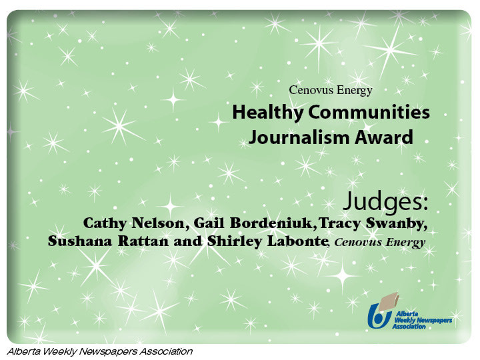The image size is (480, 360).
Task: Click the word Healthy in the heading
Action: pos(267,113)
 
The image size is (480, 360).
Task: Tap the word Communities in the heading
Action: pos(369,112)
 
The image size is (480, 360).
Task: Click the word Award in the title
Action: pos(384,137)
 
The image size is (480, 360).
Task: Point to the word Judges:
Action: pos(385,201)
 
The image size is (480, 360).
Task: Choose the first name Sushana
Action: pos(80,241)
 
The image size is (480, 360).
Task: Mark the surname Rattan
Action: pos(143,241)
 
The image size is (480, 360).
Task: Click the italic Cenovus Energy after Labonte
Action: pos(379,243)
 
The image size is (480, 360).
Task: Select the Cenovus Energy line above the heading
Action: pos(331,90)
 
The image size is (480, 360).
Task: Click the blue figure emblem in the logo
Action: pos(379,316)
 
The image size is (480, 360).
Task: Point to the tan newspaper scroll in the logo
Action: pos(387,301)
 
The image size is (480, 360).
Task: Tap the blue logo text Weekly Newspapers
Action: pos(423,320)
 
